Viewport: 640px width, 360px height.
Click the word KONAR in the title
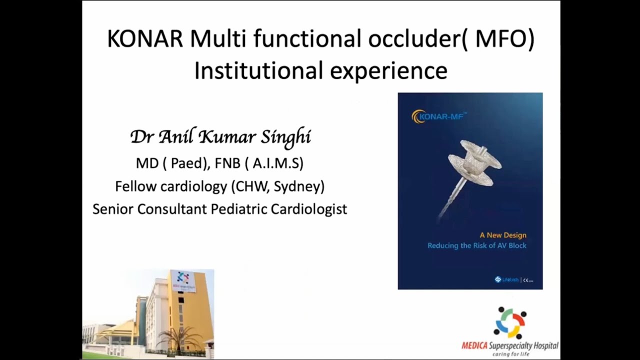pyautogui.click(x=145, y=39)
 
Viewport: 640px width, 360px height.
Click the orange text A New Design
pyautogui.click(x=502, y=235)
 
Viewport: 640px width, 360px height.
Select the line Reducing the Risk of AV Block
pyautogui.click(x=476, y=245)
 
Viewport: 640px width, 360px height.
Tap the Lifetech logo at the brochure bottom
pyautogui.click(x=506, y=280)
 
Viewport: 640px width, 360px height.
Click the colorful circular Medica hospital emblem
pyautogui.click(x=510, y=323)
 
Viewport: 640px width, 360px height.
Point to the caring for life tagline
pyautogui.click(x=509, y=354)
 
